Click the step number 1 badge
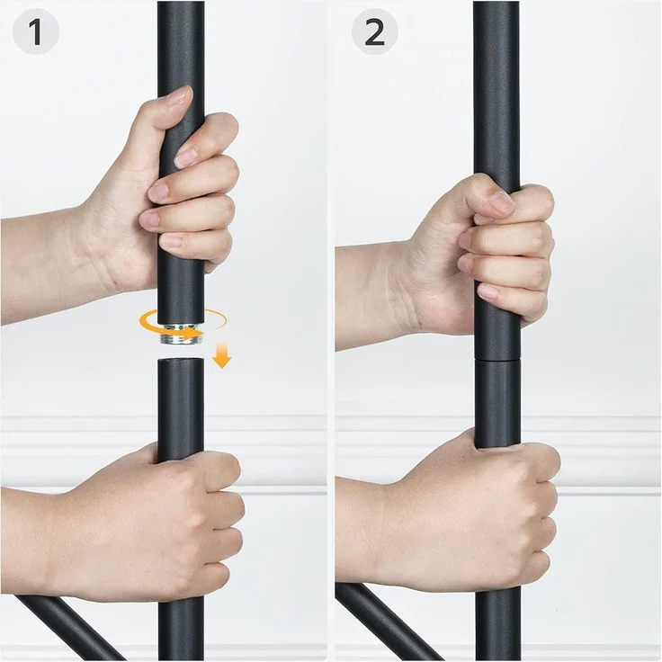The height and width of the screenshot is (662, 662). click(36, 32)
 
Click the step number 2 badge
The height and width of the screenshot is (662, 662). click(374, 32)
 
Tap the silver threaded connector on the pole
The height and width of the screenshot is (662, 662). click(180, 334)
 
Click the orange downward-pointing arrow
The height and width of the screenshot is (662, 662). click(221, 356)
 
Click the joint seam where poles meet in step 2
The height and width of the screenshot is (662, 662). click(497, 359)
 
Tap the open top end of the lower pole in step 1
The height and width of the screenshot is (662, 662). click(181, 360)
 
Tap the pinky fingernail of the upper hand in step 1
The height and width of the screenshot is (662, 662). click(171, 241)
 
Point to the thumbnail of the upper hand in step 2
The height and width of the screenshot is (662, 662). click(501, 201)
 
